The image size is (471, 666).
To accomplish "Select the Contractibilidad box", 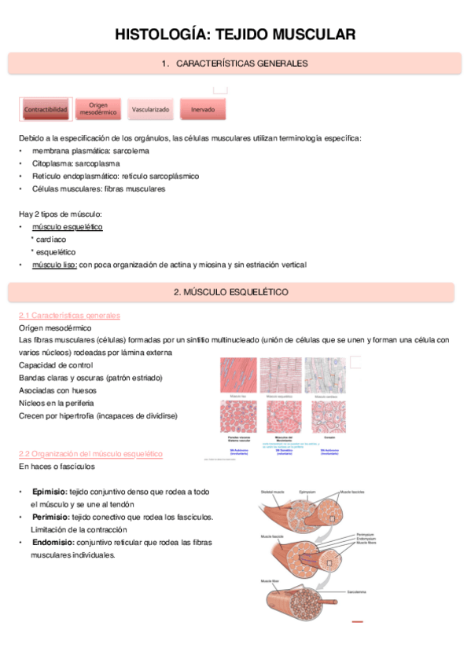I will [x=46, y=110].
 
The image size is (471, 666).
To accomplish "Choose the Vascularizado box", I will [x=150, y=110].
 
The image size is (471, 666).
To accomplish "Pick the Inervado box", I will [x=202, y=110].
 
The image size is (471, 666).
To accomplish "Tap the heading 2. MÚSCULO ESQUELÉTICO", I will [x=234, y=292].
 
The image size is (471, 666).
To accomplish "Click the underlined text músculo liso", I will [x=54, y=265].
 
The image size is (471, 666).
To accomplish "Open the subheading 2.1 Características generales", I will [x=69, y=315].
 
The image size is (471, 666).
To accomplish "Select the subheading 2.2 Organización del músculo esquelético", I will [x=90, y=454].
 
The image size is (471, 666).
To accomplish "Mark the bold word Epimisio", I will [x=49, y=492].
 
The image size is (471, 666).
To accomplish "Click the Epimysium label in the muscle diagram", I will [x=307, y=492].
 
